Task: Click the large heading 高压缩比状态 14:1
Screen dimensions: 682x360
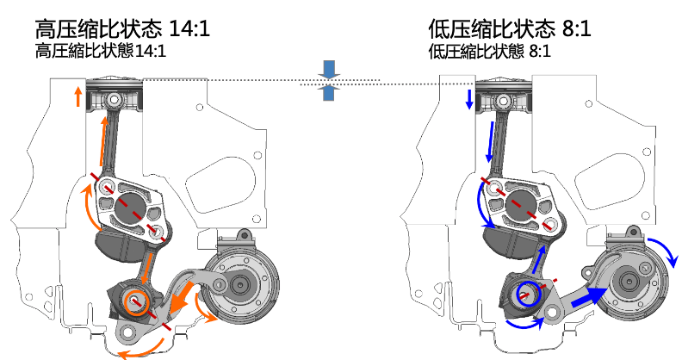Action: pos(122,28)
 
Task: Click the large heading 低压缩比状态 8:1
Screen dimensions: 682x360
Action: pos(510,28)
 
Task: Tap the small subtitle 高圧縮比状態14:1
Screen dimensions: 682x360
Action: pos(101,51)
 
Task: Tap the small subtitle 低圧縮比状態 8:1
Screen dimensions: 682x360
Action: pos(489,51)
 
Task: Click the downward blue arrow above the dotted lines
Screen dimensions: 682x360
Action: pos(329,70)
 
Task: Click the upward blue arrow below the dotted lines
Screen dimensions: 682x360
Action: pos(329,93)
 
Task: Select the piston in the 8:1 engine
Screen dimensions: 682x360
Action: pos(504,97)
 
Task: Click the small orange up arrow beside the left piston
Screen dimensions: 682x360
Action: pos(77,96)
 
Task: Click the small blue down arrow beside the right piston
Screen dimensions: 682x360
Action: pos(469,99)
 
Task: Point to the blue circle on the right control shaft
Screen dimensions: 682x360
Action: pos(530,293)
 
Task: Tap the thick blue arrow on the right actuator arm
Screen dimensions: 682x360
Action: pos(589,296)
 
